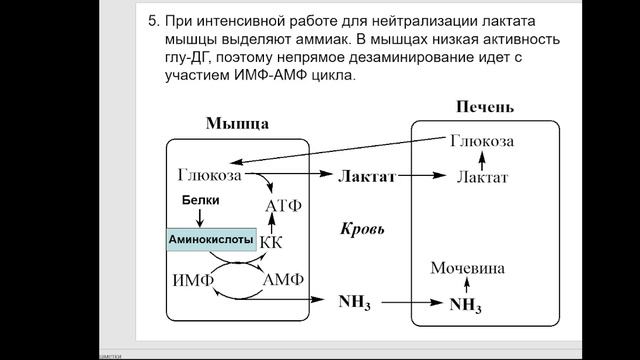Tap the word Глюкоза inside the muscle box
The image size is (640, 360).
(210, 175)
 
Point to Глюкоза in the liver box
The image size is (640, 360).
(483, 142)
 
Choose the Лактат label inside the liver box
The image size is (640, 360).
(482, 177)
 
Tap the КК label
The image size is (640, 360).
(272, 242)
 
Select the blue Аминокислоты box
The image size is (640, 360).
(210, 241)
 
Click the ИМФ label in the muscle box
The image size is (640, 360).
(193, 279)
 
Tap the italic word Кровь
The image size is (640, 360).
(363, 228)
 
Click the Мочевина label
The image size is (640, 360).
(468, 268)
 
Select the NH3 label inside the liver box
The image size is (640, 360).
(468, 303)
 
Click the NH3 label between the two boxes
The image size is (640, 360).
(355, 300)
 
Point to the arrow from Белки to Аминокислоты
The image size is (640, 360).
(202, 218)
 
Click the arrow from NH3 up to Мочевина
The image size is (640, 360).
(468, 286)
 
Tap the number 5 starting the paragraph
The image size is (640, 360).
(153, 19)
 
